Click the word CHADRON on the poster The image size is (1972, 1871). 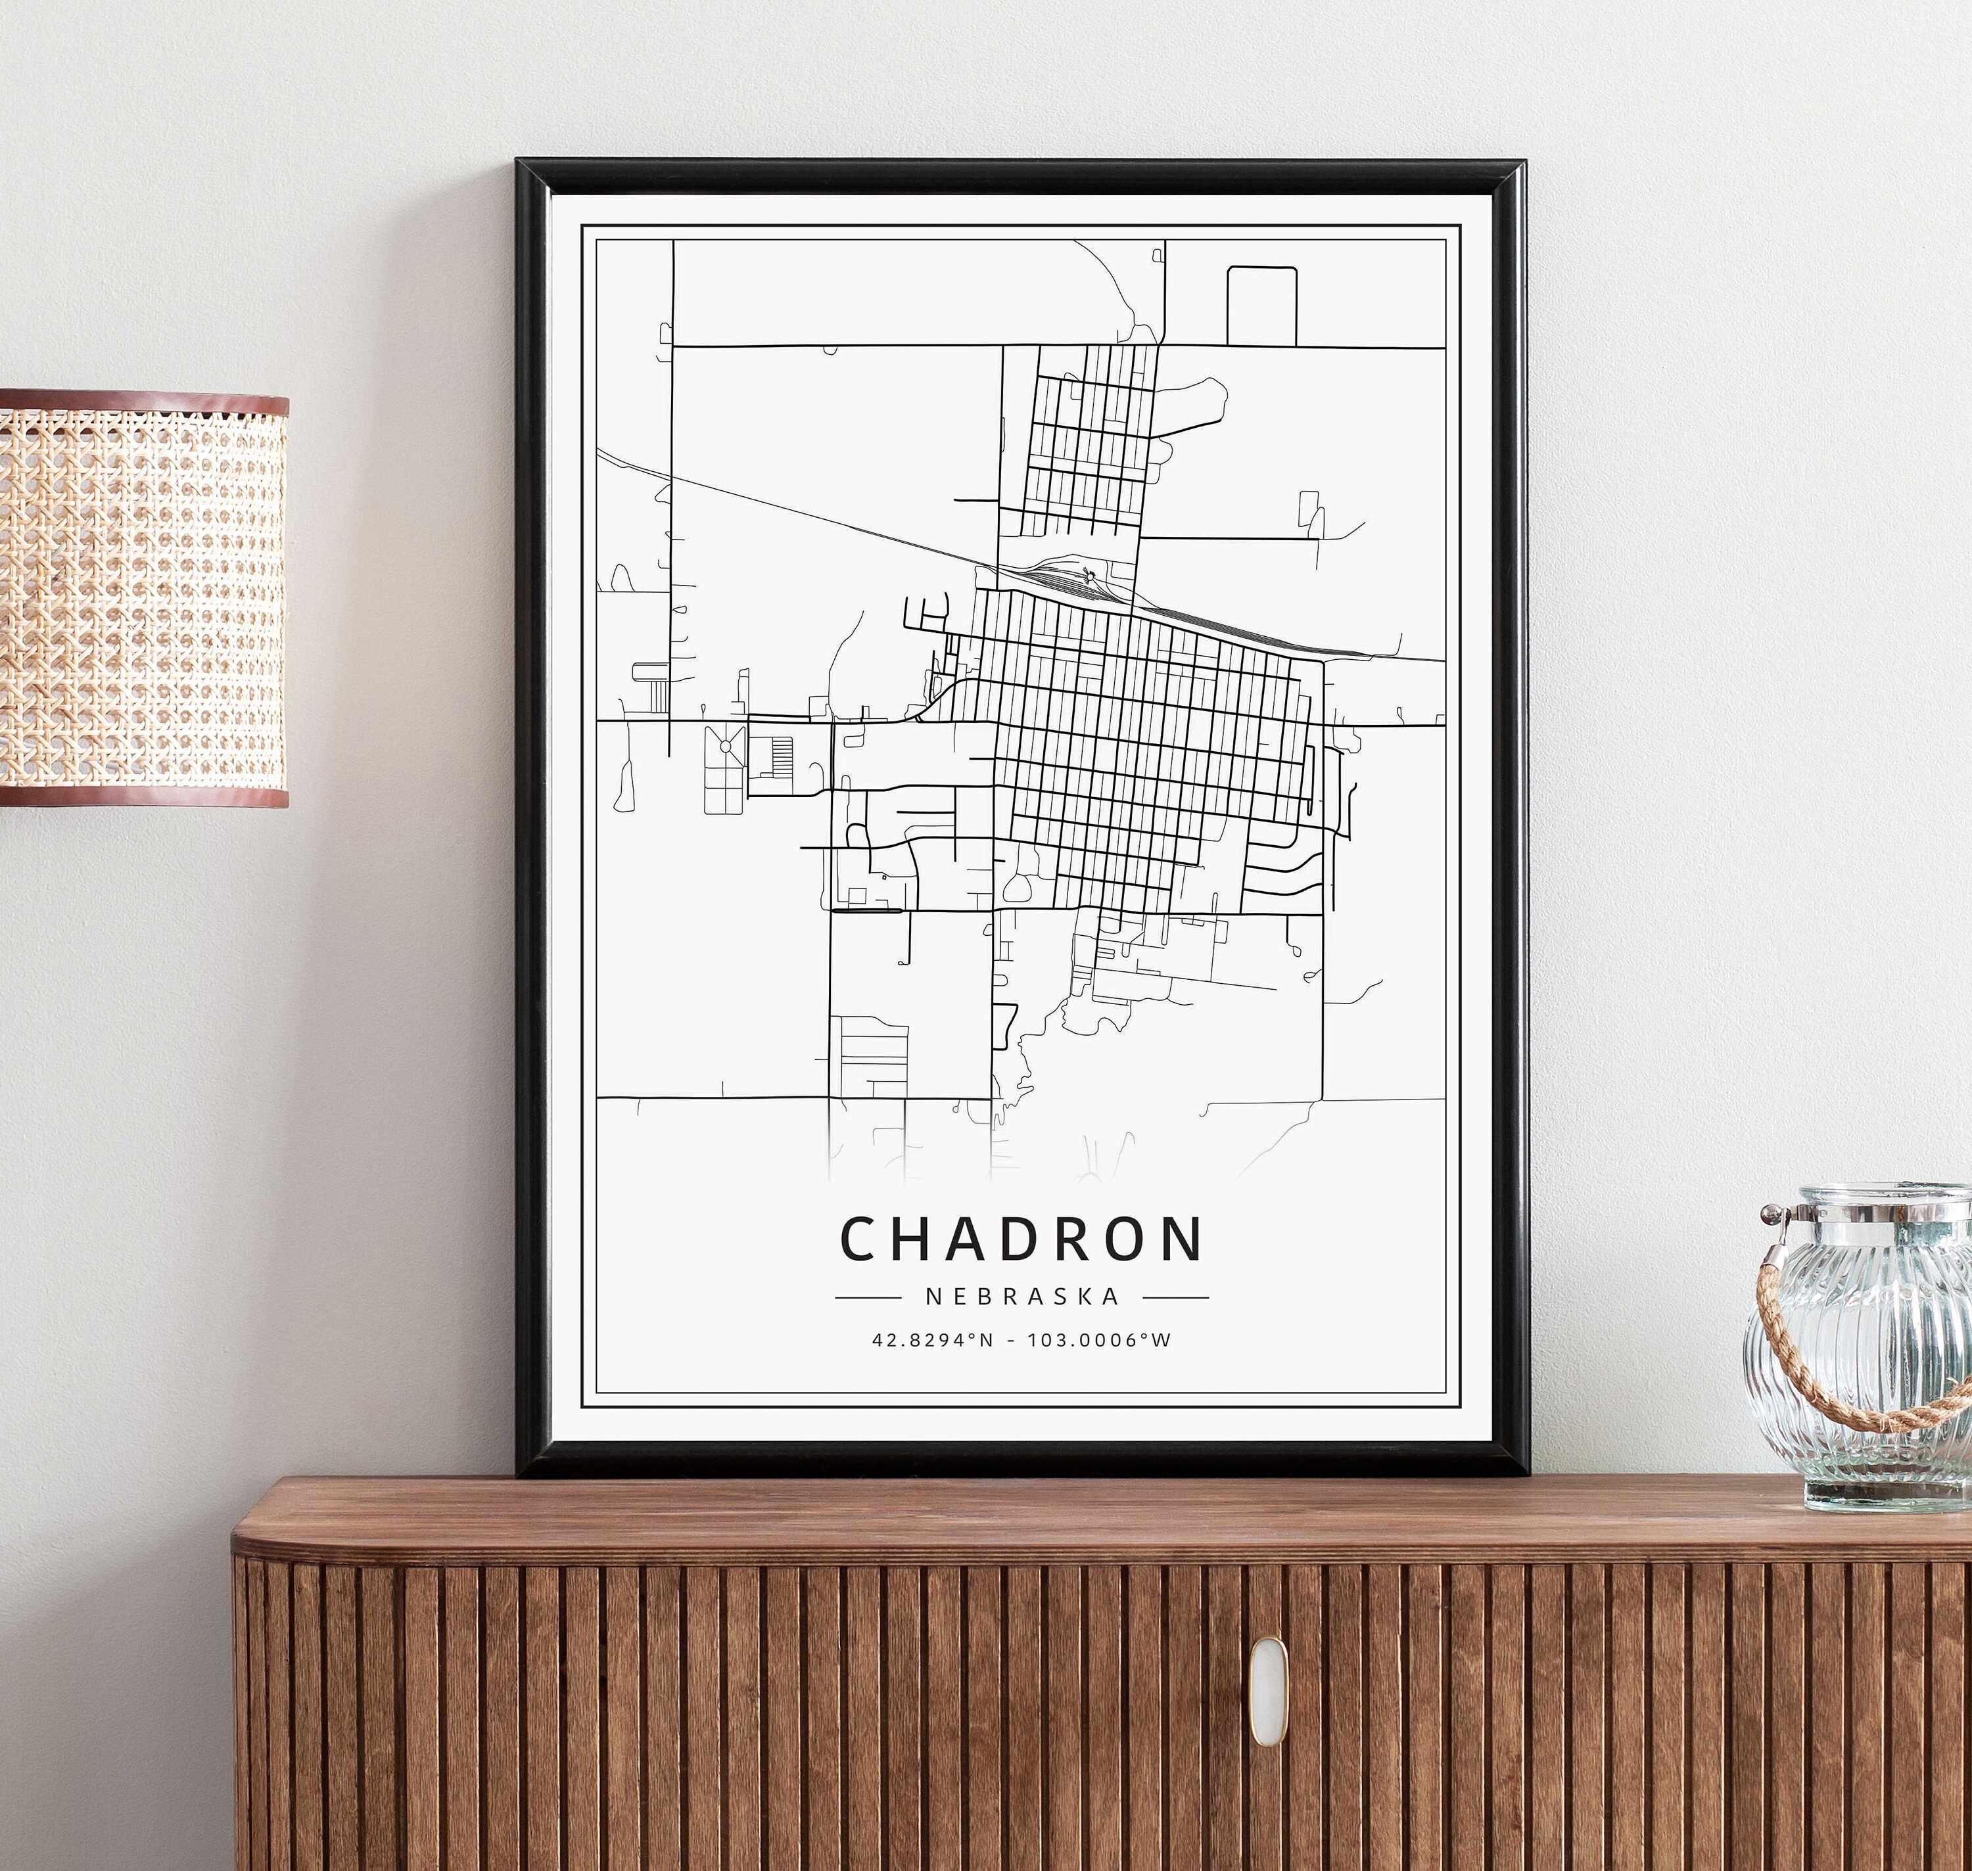tap(1021, 1239)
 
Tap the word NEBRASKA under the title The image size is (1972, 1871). tap(1022, 1297)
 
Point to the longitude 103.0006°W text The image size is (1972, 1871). tap(1098, 1341)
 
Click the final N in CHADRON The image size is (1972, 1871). tap(1183, 1239)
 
